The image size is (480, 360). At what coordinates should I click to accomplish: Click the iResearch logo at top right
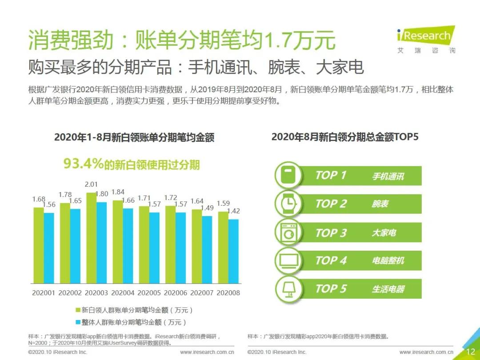point(426,39)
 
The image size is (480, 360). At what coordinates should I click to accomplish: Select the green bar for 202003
point(91,238)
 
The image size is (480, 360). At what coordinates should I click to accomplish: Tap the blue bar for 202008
point(233,251)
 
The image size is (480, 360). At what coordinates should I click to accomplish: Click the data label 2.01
point(91,184)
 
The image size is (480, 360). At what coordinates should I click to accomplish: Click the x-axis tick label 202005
point(149,293)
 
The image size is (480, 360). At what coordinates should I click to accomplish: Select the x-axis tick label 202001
point(44,293)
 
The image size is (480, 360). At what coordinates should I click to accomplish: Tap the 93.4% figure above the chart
point(84,164)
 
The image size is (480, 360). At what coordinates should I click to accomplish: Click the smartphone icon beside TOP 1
point(289,175)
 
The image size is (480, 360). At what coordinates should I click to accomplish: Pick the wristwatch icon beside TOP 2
point(289,204)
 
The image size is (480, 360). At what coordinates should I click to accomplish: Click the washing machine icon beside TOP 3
point(289,232)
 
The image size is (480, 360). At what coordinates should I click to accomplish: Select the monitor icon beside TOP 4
point(289,260)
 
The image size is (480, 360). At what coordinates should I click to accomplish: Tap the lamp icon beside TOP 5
point(289,289)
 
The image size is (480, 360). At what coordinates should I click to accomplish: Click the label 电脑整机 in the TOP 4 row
point(388,261)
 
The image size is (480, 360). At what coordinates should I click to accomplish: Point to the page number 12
point(470,352)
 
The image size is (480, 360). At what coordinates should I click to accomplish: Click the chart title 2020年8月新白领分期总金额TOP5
point(345,137)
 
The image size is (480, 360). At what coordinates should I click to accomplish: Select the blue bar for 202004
point(128,246)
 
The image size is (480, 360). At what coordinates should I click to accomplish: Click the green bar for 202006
point(170,244)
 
